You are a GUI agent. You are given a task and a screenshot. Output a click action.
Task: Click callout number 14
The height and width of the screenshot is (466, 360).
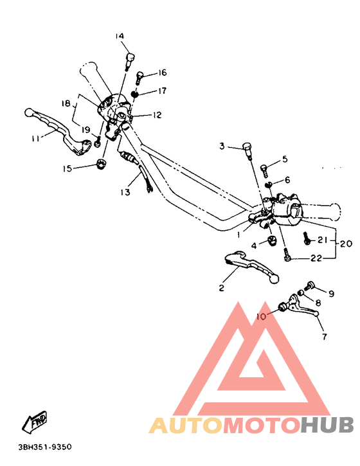[120, 36]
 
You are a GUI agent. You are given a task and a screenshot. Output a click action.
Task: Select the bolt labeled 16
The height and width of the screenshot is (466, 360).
[140, 77]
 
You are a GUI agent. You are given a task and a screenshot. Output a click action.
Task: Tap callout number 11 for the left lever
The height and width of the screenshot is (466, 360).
[35, 138]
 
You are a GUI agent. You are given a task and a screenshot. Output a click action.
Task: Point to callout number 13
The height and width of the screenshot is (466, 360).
[125, 192]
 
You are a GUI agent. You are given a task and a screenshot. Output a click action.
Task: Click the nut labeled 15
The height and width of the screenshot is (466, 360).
[101, 165]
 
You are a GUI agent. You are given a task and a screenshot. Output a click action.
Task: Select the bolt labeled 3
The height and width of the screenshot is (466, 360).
[247, 149]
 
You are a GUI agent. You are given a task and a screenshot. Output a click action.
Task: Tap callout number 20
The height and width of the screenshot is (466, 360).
[346, 244]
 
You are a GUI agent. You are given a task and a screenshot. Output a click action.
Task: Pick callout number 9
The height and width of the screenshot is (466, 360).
[332, 294]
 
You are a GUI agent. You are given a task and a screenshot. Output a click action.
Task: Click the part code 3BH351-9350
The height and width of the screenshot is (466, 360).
[45, 447]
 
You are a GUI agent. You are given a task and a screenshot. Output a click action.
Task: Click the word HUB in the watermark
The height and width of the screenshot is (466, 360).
[327, 426]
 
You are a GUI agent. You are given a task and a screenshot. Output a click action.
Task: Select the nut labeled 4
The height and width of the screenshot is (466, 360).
[271, 241]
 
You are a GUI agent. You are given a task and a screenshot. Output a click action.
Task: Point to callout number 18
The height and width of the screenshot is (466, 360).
[66, 103]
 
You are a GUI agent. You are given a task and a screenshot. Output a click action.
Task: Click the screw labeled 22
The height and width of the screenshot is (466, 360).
[287, 257]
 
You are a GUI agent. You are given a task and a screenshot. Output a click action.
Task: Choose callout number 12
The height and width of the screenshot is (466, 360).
[157, 116]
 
